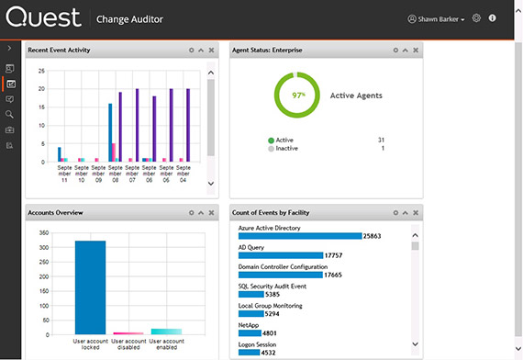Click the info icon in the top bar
click(493, 18)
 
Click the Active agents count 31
click(381, 140)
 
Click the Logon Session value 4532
click(270, 352)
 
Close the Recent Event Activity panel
click(211, 50)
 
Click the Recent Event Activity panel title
click(59, 50)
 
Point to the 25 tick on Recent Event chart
click(40, 71)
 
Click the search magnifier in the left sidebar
click(9, 114)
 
